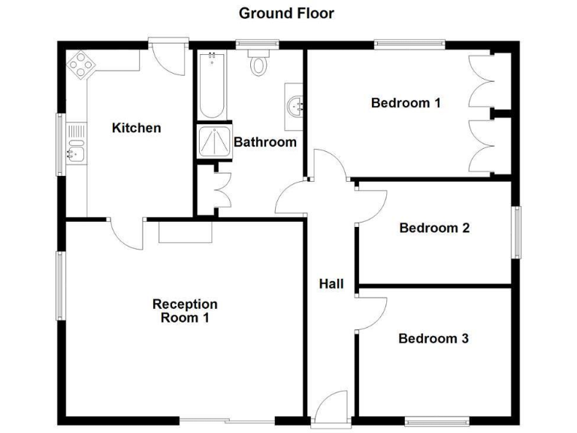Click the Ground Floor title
click(x=286, y=13)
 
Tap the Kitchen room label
click(x=136, y=128)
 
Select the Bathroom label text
click(x=265, y=141)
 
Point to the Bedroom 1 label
click(x=406, y=103)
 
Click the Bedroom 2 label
click(x=434, y=228)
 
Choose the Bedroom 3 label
click(x=434, y=338)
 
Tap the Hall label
click(x=331, y=283)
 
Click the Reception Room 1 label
click(x=185, y=310)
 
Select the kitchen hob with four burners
click(x=81, y=65)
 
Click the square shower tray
click(x=214, y=141)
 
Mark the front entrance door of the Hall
click(x=330, y=412)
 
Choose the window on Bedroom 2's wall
click(x=516, y=232)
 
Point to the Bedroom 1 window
click(x=409, y=44)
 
